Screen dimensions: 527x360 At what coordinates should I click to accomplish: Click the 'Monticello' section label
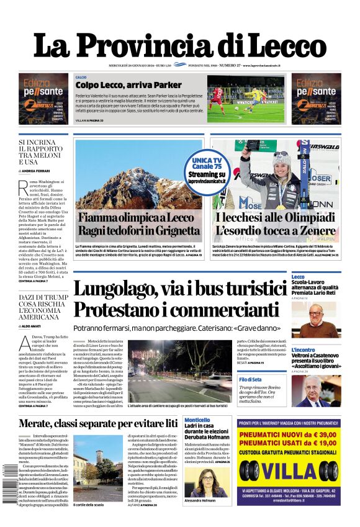[197, 420]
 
